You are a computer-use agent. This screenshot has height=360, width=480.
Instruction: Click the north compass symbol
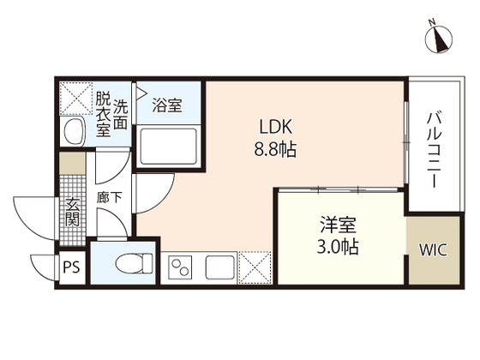pos(441,39)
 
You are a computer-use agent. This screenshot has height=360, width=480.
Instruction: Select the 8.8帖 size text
pos(275,149)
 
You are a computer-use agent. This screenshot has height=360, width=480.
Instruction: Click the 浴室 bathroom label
pos(166,106)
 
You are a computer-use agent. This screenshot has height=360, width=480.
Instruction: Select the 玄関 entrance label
pos(73,211)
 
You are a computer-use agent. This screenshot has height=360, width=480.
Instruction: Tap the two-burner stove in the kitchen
pos(183,267)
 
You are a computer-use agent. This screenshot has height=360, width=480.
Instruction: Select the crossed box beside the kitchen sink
pos(255,267)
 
